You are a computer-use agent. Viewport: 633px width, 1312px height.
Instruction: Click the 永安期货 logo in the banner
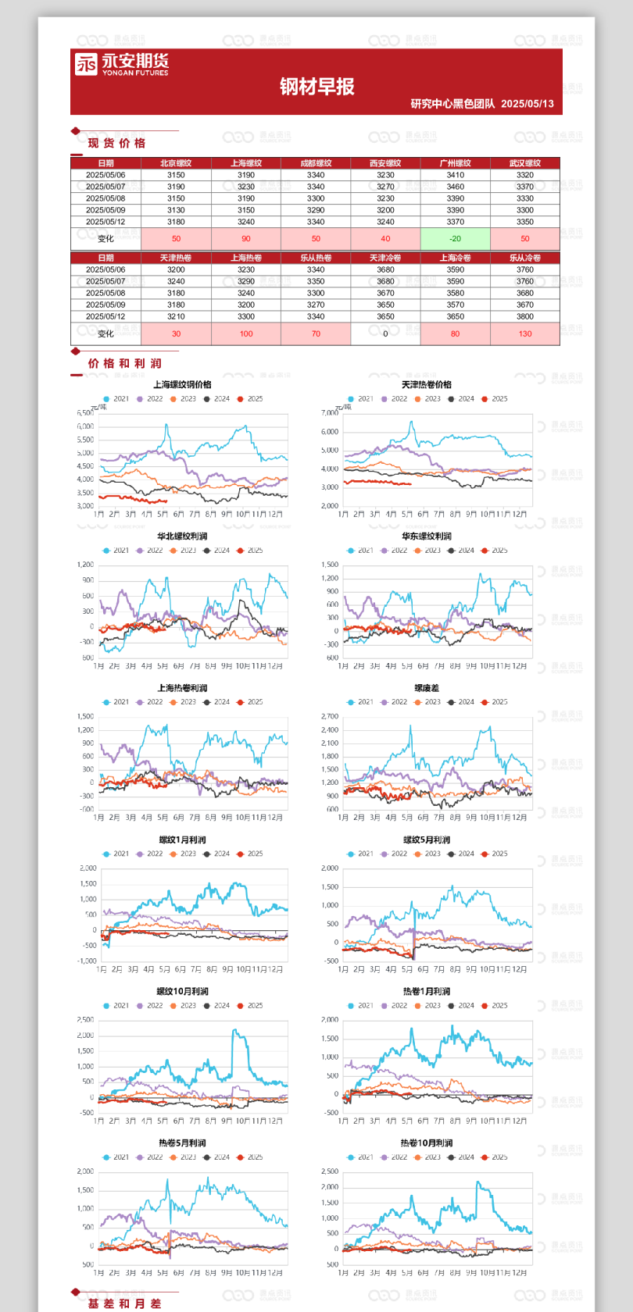click(121, 64)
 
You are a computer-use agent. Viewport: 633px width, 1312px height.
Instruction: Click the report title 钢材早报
click(317, 87)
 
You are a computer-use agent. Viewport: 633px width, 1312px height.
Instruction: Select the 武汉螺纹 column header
click(525, 163)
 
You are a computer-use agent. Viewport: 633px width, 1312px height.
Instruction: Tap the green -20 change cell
click(455, 239)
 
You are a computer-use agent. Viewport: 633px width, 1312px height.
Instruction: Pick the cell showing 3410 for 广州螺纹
click(455, 175)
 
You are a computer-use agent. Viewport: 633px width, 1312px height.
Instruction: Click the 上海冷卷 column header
click(455, 258)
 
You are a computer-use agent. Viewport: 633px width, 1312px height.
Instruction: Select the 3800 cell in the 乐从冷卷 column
click(525, 316)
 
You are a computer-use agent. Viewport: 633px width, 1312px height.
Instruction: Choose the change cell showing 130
click(525, 333)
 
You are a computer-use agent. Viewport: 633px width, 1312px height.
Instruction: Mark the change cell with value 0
click(385, 333)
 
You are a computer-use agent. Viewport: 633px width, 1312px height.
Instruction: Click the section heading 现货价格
click(116, 143)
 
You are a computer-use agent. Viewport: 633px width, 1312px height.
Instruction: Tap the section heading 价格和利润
click(124, 363)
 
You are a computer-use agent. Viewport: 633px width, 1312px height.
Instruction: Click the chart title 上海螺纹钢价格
click(182, 384)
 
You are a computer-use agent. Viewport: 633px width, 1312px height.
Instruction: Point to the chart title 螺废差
click(427, 688)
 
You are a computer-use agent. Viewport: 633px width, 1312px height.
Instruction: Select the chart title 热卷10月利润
click(427, 1143)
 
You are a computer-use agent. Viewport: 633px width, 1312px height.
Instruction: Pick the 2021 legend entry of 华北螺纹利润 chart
click(116, 551)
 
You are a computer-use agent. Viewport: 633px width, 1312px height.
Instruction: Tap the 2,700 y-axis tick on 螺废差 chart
click(330, 716)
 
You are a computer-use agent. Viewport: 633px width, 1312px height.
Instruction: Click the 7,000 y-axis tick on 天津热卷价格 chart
click(330, 413)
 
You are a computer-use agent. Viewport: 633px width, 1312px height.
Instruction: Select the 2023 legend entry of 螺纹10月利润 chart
click(184, 1006)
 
